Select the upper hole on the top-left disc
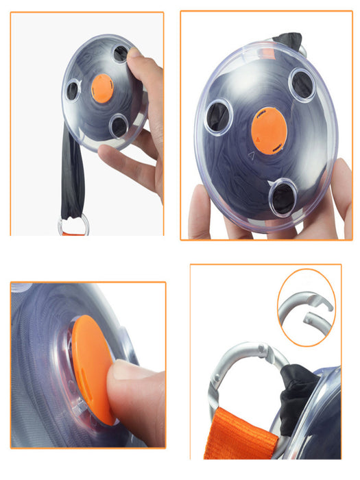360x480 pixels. tap(121, 53)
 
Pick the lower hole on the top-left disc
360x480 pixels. tap(119, 125)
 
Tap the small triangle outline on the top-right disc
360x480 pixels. tap(252, 156)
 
